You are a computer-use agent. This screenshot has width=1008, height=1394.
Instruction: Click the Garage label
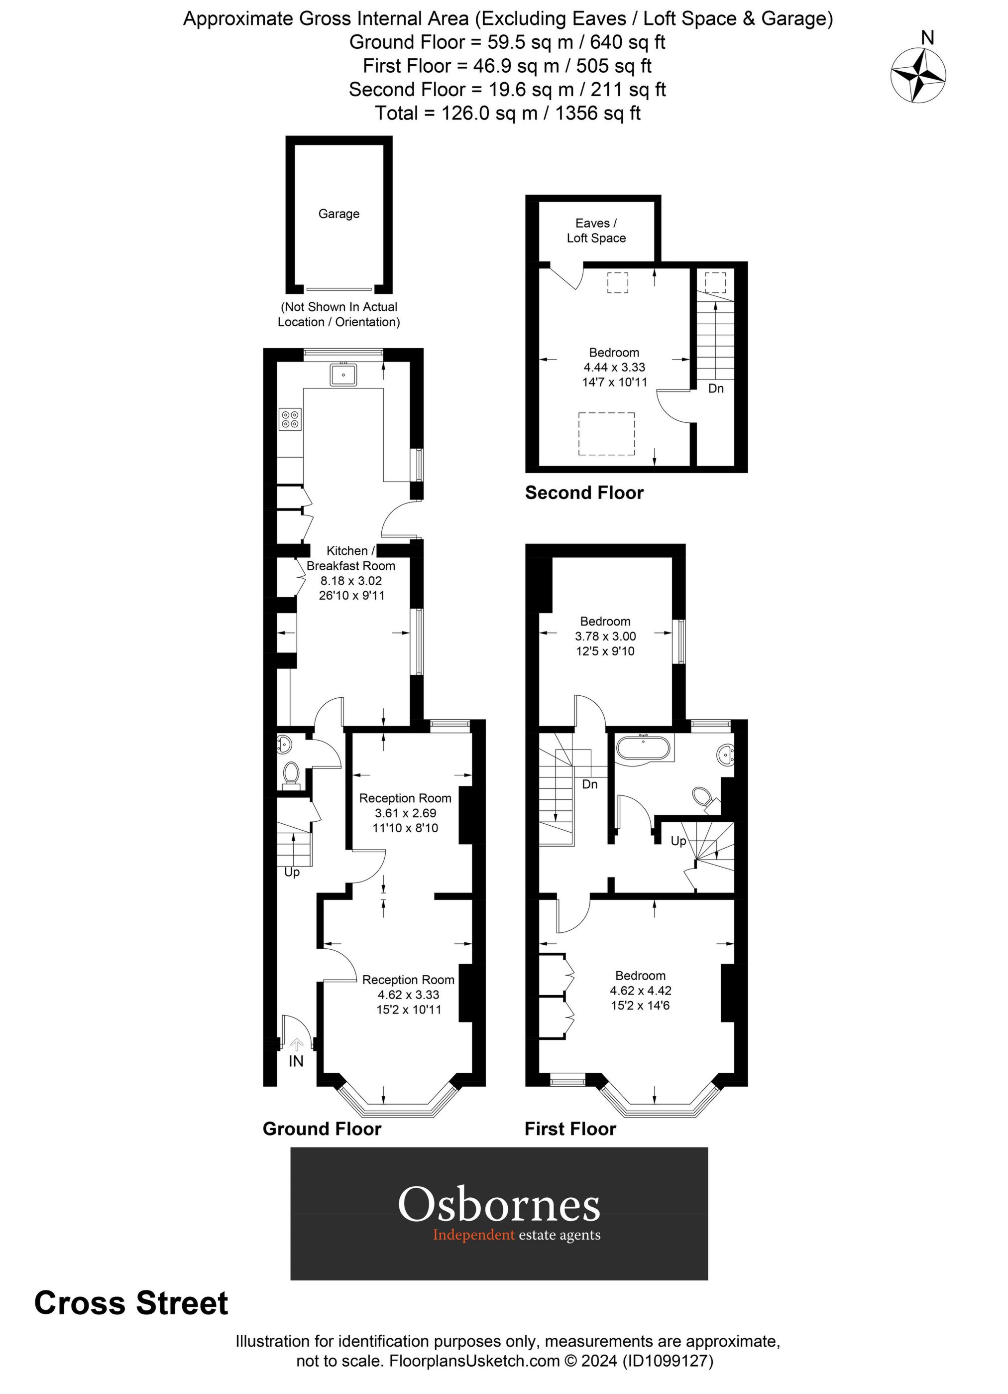tap(338, 214)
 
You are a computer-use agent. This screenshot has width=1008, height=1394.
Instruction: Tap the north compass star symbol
tap(918, 76)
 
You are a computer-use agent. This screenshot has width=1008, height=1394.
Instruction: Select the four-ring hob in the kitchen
tap(290, 419)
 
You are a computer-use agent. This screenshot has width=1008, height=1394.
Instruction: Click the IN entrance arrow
tap(296, 1044)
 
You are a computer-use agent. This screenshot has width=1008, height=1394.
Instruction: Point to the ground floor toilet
tap(291, 774)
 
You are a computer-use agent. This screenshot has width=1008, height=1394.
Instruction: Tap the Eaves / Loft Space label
tap(596, 231)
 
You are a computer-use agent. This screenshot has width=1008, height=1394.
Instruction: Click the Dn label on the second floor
tap(716, 388)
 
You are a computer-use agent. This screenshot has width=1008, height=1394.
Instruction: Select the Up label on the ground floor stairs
tap(292, 872)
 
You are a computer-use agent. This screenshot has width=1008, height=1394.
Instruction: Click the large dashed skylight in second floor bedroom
tap(606, 434)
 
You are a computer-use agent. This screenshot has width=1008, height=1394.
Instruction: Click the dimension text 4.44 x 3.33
tap(614, 367)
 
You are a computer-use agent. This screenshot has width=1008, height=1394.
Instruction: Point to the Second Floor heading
tap(583, 493)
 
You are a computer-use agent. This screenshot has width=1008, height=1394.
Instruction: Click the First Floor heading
tap(570, 1129)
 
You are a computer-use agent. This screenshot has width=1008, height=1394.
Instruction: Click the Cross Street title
tap(131, 1304)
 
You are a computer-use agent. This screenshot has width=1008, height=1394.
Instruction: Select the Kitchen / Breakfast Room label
tap(351, 558)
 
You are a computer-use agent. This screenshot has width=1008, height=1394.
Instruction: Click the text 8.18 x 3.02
tap(351, 581)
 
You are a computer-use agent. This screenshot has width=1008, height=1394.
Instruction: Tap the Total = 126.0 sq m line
tap(507, 113)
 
